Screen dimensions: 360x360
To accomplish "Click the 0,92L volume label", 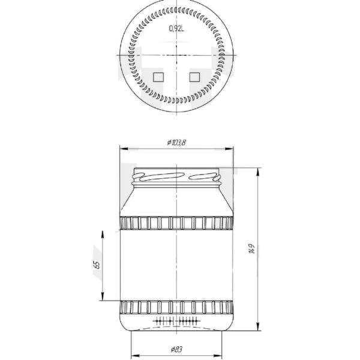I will tap(177, 28).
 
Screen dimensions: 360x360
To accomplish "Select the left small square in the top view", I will tap(158, 77).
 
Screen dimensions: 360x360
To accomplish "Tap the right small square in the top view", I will tap(194, 77).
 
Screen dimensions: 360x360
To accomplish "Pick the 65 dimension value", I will tap(96, 265).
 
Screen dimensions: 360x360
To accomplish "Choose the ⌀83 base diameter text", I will tap(176, 349).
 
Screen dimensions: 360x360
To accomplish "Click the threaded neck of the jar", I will tap(178, 177).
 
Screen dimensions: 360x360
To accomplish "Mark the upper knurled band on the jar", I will tap(178, 224).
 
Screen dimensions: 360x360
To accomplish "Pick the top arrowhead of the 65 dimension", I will tap(103, 232).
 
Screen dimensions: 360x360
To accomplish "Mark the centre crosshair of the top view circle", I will tap(178, 56).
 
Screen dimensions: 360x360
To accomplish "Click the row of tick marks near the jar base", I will tap(178, 321).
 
